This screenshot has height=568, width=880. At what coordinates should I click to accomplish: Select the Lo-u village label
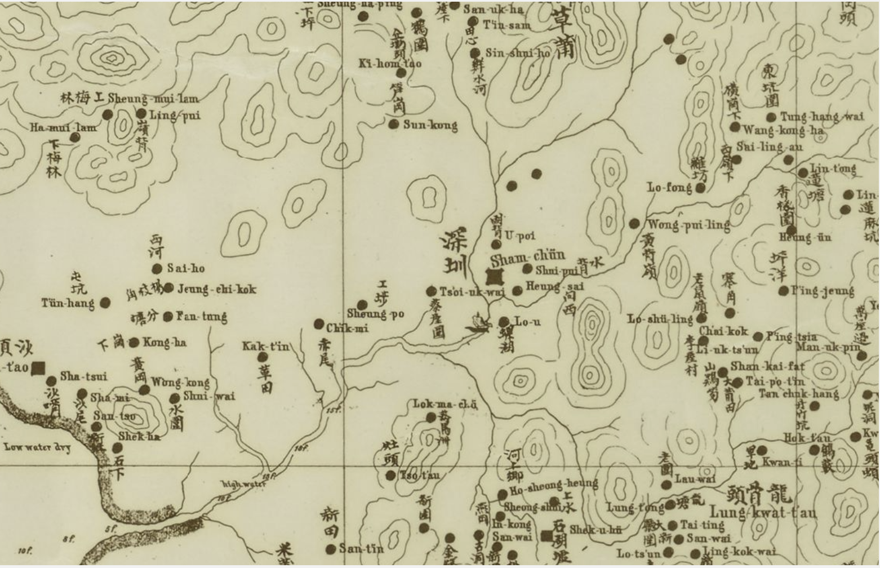[x=527, y=322]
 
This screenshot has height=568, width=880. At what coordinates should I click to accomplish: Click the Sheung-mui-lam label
[x=153, y=99]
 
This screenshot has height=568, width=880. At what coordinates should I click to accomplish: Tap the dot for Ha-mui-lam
[x=74, y=137]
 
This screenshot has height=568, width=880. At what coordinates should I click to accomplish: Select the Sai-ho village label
[x=186, y=269]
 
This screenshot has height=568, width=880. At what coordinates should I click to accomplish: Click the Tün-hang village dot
[x=105, y=303]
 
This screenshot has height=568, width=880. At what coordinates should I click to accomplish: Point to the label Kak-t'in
[x=265, y=345]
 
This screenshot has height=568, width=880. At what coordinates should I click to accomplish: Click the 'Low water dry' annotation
[x=37, y=447]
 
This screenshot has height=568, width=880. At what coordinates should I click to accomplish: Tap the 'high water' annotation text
[x=243, y=483]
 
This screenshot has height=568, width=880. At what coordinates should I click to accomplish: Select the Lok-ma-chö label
[x=445, y=404]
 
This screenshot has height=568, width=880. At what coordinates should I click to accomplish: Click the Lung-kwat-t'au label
[x=763, y=512]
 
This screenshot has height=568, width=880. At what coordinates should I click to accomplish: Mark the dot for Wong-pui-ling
[x=634, y=224]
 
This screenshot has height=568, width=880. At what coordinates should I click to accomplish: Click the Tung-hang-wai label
[x=821, y=117]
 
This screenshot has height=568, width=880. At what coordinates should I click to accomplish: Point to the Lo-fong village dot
[x=700, y=188]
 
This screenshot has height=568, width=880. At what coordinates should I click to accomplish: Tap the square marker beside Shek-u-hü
[x=546, y=536]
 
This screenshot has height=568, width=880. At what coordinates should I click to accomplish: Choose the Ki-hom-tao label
[x=390, y=63]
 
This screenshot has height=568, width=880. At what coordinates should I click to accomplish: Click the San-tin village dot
[x=331, y=548]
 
